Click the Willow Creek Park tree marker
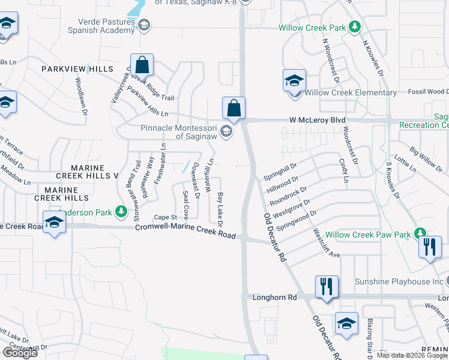[355, 26]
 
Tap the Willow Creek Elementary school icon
[295, 81]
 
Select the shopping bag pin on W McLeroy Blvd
[234, 109]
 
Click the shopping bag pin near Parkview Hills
[142, 65]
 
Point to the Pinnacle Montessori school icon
[226, 131]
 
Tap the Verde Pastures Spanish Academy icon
[143, 25]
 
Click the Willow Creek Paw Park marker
[420, 233]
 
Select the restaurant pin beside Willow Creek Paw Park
[429, 247]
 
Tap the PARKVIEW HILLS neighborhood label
[77, 70]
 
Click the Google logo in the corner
[20, 352]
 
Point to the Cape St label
[165, 217]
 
